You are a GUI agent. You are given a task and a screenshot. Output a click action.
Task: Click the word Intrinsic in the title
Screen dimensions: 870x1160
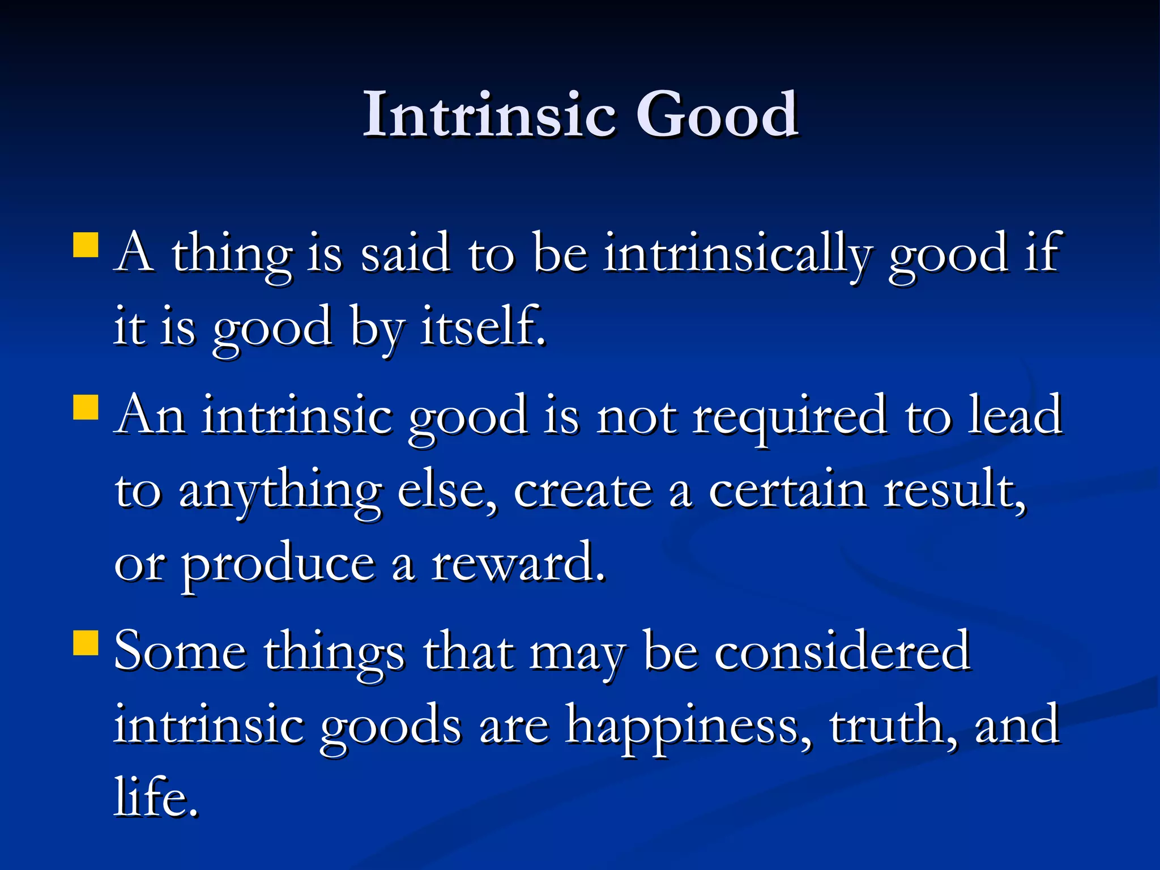tap(488, 114)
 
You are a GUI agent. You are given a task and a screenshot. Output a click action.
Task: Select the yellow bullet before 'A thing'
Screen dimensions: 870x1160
tap(86, 245)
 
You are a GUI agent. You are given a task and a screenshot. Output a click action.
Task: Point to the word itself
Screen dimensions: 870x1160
tap(483, 326)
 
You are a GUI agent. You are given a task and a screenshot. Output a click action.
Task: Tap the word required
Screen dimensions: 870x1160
tap(789, 416)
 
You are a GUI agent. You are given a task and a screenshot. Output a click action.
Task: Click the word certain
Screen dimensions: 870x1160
tap(787, 491)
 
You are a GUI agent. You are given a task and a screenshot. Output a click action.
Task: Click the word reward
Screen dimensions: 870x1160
tap(517, 564)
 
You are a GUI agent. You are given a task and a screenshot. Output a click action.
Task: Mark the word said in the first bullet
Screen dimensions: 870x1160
tap(405, 254)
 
